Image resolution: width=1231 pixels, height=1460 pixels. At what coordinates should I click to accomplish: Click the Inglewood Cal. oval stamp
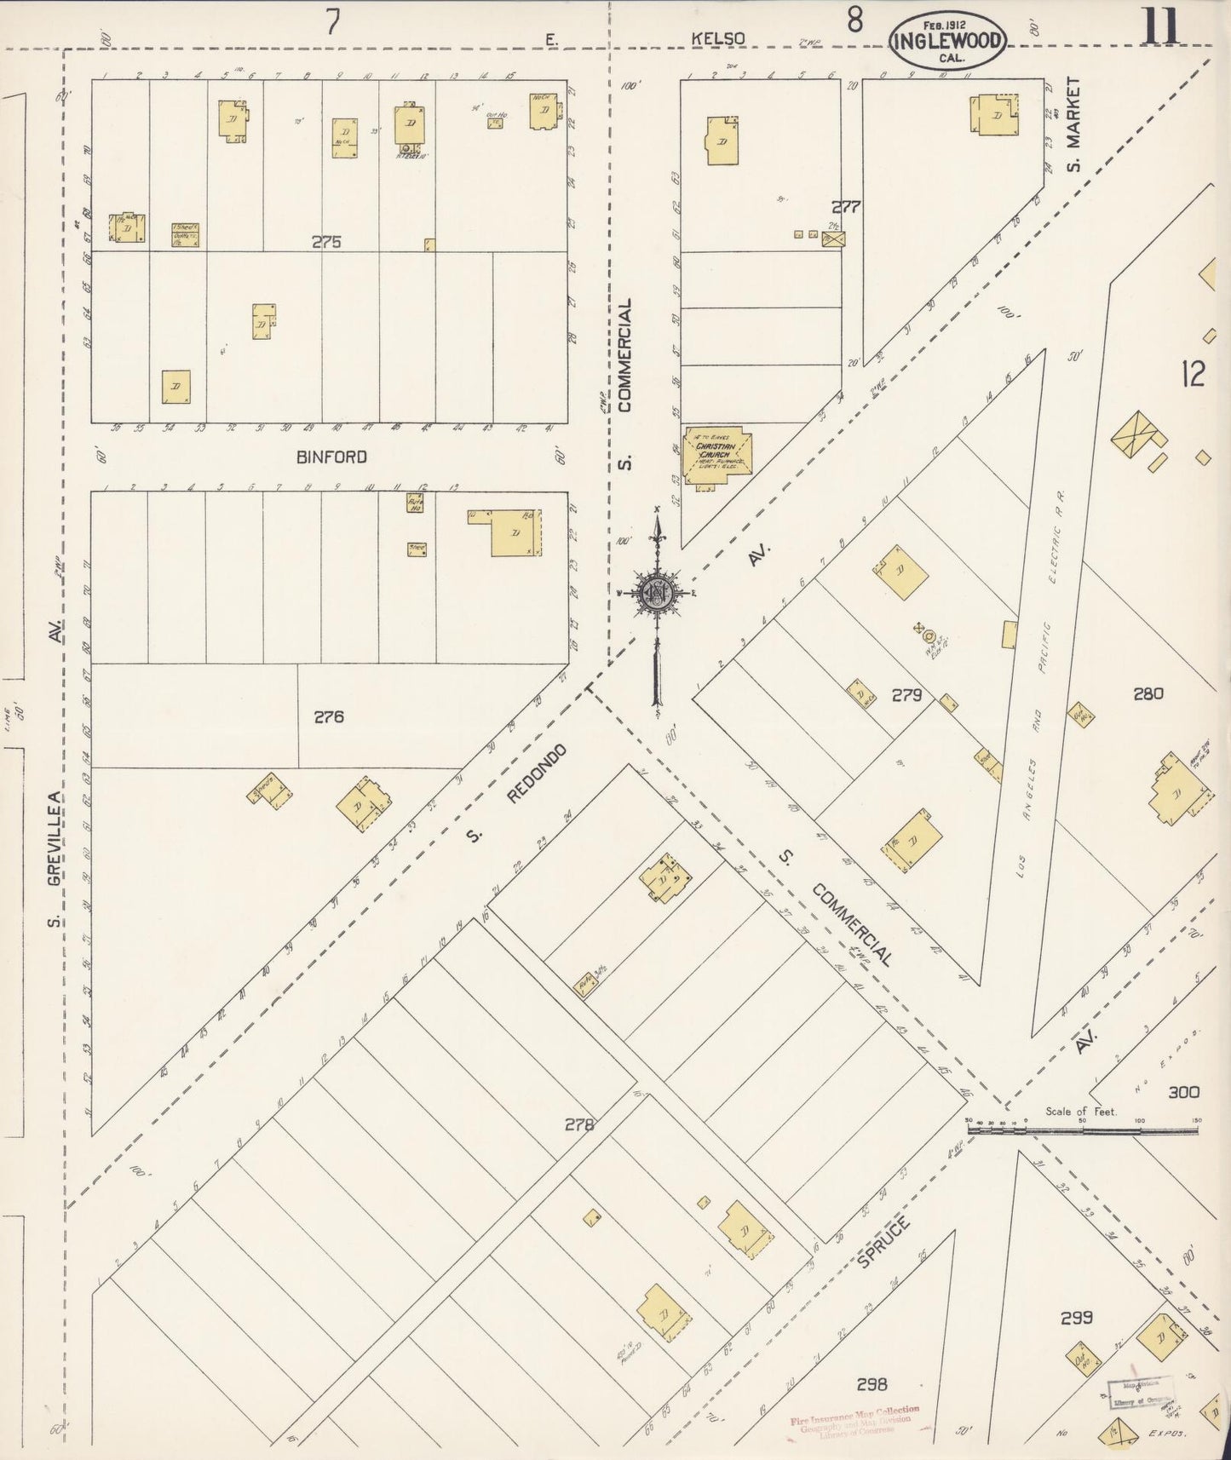pos(946,40)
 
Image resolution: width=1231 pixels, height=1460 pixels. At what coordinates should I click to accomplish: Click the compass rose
pos(657,594)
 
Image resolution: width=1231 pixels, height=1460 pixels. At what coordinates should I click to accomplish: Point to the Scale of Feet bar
pos(1082,1130)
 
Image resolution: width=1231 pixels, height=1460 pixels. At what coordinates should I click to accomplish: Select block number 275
pos(325,242)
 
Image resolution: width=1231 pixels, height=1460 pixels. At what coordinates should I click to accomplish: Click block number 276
pos(328,717)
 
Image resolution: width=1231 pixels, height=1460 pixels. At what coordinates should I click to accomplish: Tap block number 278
pos(579,1124)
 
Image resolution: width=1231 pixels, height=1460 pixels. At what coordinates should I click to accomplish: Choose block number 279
pos(906,695)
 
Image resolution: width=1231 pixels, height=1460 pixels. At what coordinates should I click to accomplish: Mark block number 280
pos(1148,694)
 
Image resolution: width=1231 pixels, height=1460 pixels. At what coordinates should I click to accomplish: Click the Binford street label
pos(331,457)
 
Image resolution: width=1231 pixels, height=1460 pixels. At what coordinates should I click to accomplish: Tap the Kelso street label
pos(718,38)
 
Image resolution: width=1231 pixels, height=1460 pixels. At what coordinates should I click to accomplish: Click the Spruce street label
pos(883,1242)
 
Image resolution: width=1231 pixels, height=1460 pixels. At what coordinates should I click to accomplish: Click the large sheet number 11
pos(1159,26)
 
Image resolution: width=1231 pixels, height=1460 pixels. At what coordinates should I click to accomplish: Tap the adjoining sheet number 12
pos(1193,374)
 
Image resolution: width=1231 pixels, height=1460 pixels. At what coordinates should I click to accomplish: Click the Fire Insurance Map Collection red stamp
pos(854,1420)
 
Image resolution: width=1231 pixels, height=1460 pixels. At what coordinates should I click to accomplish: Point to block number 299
pos(1076,1318)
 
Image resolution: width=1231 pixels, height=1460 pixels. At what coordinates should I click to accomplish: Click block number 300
pos(1182,1092)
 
